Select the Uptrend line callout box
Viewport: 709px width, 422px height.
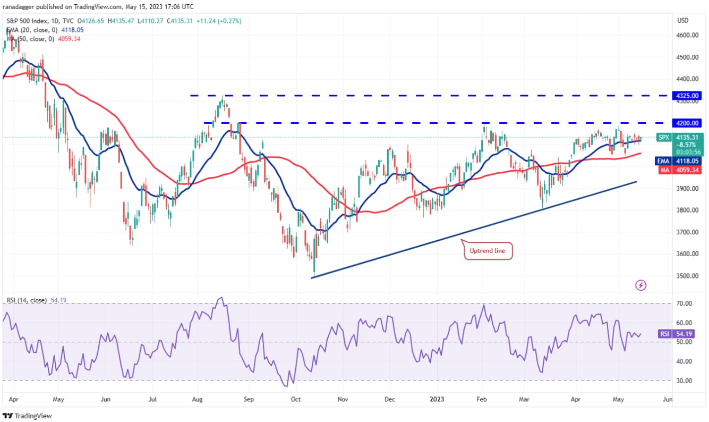point(489,251)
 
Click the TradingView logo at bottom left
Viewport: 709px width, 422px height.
point(28,416)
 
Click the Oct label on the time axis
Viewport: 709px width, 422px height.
point(296,398)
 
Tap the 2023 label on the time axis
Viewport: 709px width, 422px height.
point(437,398)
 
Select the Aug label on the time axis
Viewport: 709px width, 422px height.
point(198,398)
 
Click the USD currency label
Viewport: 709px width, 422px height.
point(683,20)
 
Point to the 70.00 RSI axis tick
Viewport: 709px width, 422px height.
point(684,303)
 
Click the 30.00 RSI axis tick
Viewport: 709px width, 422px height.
point(684,381)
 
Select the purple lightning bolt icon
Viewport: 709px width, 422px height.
point(641,285)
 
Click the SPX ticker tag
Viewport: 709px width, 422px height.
point(664,137)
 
